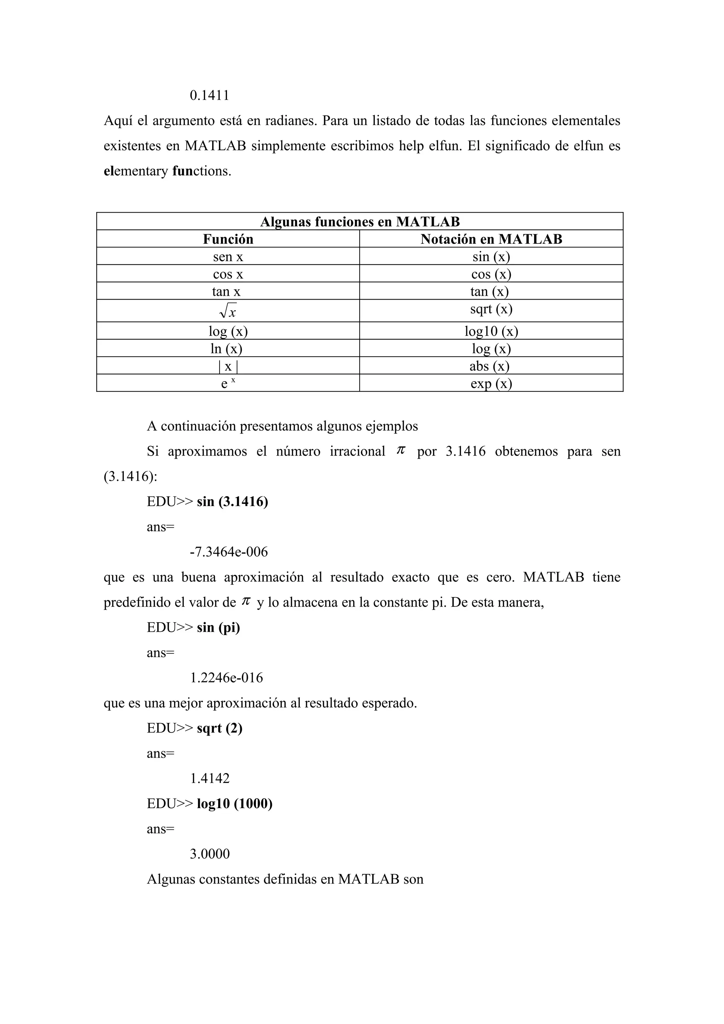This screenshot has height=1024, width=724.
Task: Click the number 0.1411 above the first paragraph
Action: pos(209,95)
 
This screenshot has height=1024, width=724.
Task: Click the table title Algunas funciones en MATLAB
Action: pos(360,222)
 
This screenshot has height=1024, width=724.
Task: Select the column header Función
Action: pos(228,239)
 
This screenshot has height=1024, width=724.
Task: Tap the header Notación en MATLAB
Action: pos(491,239)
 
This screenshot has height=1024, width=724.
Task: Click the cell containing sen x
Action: pos(228,257)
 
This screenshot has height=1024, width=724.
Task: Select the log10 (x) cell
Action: pos(491,331)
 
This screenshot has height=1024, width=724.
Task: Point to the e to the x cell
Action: pos(228,383)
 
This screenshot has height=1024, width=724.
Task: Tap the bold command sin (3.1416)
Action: pos(232,502)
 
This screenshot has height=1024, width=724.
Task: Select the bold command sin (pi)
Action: pos(218,628)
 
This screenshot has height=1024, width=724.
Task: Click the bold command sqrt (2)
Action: pos(220,728)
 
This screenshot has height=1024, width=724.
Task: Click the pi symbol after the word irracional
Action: pos(401,451)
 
